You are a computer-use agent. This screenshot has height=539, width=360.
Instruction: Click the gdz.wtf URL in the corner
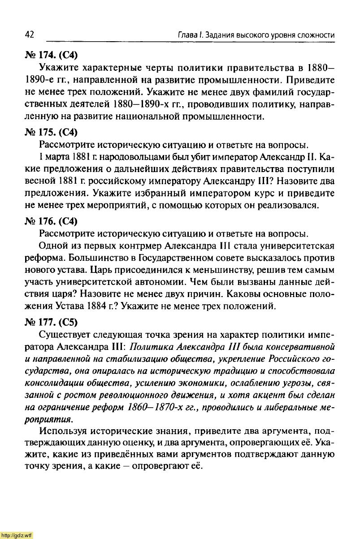17,535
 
